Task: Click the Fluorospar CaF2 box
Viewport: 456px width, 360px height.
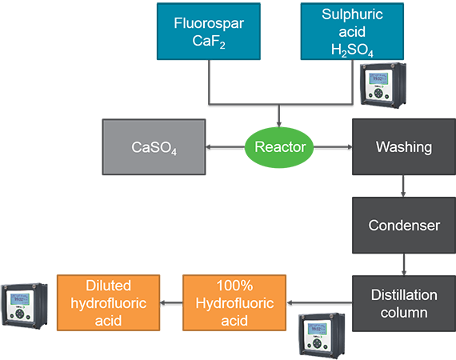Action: [x=209, y=31]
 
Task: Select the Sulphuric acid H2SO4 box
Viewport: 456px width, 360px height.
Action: [x=352, y=31]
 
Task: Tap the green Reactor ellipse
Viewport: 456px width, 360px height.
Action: [x=279, y=147]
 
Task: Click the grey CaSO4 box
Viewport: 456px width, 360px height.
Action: [x=154, y=147]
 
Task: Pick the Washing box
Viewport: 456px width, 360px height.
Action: [x=404, y=147]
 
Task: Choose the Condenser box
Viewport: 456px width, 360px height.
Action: [x=404, y=226]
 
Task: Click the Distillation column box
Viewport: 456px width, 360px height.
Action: [x=404, y=303]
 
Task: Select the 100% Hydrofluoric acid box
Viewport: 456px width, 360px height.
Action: [x=234, y=302]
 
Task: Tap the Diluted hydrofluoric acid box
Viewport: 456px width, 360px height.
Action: [x=109, y=302]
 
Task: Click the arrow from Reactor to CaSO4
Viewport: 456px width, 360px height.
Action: [x=226, y=147]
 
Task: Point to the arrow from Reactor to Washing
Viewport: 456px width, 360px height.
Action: [x=333, y=147]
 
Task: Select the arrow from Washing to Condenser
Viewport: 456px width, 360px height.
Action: [x=403, y=186]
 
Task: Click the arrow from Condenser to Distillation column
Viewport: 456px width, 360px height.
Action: [x=404, y=264]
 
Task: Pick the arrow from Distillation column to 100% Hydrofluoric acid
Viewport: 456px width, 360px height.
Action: [x=319, y=303]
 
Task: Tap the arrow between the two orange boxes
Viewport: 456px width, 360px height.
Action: [x=171, y=303]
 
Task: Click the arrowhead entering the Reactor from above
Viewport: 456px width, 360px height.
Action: [x=279, y=124]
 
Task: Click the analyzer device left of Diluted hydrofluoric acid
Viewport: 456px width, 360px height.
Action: [x=25, y=306]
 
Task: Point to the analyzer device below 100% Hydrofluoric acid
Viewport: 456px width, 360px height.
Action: [x=322, y=335]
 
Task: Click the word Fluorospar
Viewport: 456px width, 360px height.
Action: [x=209, y=23]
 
